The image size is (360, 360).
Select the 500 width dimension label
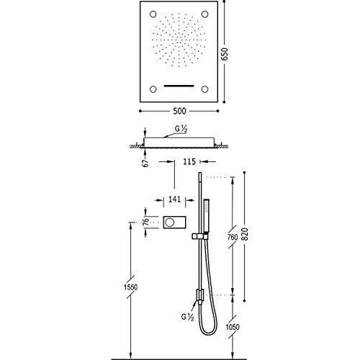(179, 111)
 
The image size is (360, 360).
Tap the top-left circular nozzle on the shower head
(153, 14)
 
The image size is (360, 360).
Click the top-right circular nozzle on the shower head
(204, 14)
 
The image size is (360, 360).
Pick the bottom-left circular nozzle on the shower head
(153, 89)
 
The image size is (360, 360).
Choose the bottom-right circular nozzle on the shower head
(204, 89)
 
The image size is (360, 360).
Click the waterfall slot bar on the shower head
(179, 86)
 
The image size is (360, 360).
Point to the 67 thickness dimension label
(145, 163)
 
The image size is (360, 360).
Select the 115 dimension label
(189, 162)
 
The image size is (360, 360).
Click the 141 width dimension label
(174, 199)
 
